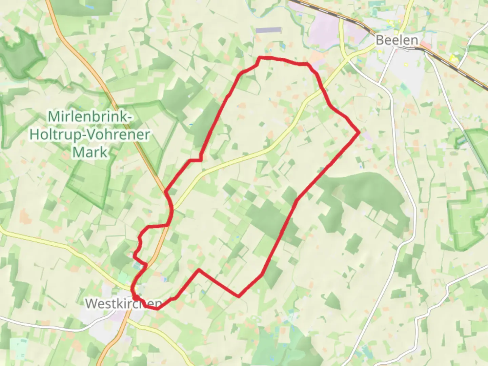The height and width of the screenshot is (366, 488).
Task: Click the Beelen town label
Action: tap(397, 40)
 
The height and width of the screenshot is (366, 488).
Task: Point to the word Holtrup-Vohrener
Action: tap(90, 135)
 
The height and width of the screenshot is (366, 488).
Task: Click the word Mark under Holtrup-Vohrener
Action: tap(90, 152)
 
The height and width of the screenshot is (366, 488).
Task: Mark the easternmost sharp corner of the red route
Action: tap(359, 133)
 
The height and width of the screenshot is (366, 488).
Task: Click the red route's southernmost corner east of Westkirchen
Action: tap(239, 296)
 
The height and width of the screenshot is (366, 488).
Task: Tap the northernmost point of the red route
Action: tap(260, 58)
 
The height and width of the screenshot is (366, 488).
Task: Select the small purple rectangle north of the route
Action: tap(268, 30)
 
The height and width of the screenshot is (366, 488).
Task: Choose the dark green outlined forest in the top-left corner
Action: tap(20, 54)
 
